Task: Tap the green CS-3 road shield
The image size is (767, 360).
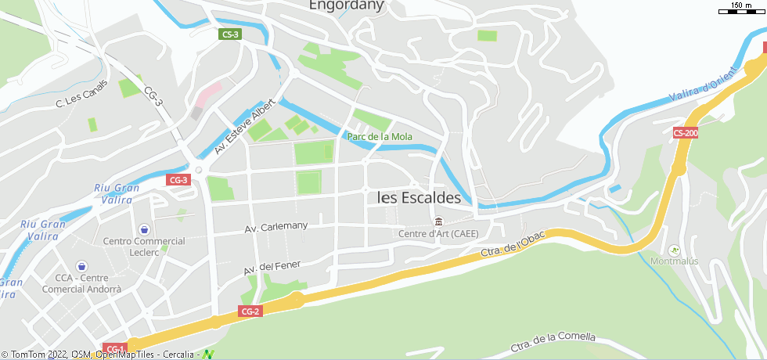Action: [230, 34]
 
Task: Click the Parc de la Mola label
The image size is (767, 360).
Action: [380, 136]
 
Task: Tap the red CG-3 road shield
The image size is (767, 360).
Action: [178, 180]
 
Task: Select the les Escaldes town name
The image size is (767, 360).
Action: [419, 198]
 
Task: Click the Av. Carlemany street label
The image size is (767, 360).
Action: [276, 227]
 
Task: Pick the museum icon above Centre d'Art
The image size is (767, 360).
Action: [438, 221]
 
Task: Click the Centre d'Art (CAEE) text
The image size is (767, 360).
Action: [438, 233]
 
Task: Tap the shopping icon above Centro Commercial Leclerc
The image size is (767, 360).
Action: [144, 229]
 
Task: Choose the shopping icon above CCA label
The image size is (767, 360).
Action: [82, 267]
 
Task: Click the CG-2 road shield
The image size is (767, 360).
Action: [250, 311]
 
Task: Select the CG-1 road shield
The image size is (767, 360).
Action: [114, 348]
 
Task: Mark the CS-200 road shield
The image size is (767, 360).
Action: [685, 133]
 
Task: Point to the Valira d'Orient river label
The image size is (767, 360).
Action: [704, 88]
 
